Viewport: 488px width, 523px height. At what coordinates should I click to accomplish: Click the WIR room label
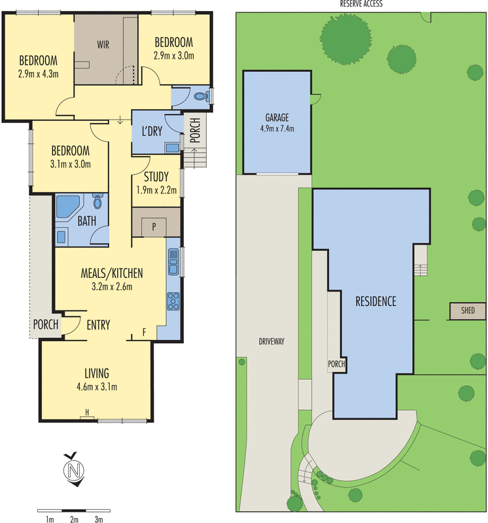click(x=103, y=44)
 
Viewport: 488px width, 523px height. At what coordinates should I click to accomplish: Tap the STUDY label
click(x=156, y=177)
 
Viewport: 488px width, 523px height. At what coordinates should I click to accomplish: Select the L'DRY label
click(x=152, y=131)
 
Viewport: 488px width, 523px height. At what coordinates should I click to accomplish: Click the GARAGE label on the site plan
click(x=277, y=118)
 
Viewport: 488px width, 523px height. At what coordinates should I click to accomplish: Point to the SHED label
click(x=468, y=311)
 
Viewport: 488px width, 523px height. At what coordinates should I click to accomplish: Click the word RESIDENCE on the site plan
click(x=375, y=301)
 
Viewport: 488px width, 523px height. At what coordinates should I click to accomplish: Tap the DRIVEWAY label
click(x=271, y=341)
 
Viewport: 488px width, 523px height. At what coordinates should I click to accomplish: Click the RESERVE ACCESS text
click(x=361, y=4)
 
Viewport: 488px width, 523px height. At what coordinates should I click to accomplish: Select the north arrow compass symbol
click(x=74, y=469)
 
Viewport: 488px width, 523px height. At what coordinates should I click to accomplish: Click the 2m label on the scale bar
click(x=74, y=519)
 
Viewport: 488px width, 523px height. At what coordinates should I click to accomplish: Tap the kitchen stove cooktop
click(x=173, y=301)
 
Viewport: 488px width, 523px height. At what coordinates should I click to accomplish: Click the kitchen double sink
click(x=173, y=261)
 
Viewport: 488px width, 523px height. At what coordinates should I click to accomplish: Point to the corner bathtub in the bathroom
click(x=67, y=207)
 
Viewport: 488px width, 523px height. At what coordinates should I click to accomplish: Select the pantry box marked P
click(x=154, y=227)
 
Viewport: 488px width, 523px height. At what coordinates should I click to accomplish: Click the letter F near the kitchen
click(x=144, y=332)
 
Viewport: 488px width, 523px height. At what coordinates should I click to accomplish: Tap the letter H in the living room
click(x=87, y=413)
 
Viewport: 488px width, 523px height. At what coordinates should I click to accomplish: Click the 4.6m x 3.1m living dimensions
click(x=97, y=387)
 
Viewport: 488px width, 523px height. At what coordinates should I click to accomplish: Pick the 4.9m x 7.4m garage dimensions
click(x=277, y=128)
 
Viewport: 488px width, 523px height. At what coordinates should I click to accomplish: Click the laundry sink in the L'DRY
click(x=172, y=148)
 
